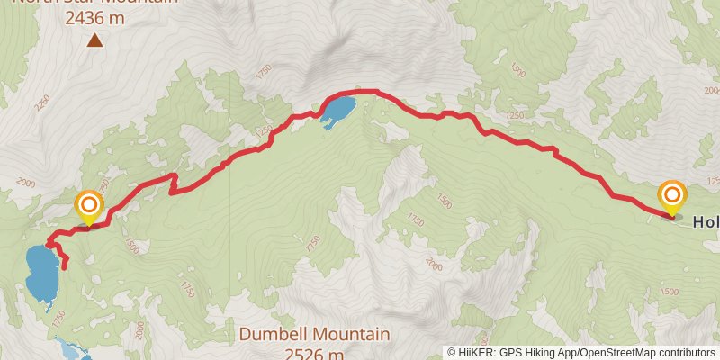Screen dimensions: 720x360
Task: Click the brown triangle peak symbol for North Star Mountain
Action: (94, 39)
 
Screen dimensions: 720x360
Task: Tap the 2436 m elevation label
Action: (95, 15)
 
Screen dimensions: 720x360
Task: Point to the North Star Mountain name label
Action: (95, 2)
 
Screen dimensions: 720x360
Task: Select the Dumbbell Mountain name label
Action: (314, 335)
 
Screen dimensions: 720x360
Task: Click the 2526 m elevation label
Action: (314, 353)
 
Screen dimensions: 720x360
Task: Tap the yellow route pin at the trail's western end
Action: (88, 207)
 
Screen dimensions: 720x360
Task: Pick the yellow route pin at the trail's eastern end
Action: (671, 197)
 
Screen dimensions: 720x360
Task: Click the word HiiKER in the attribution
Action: (477, 353)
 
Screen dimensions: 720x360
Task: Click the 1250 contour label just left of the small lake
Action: (263, 133)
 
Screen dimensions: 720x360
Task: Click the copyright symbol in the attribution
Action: (452, 353)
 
